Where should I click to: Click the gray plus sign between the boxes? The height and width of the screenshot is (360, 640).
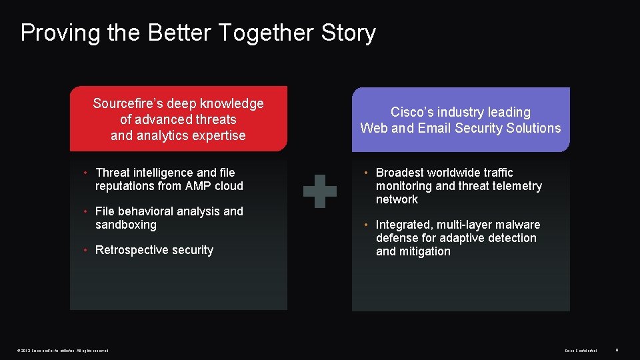tap(320, 191)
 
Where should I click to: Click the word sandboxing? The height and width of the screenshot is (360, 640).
tap(126, 225)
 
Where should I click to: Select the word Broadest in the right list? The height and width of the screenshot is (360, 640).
tap(400, 173)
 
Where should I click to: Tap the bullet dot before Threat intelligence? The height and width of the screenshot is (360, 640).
tap(87, 173)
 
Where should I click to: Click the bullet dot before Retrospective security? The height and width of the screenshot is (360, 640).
tap(87, 250)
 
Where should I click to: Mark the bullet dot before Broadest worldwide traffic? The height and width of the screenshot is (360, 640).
tap(367, 173)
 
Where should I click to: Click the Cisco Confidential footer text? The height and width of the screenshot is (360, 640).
tap(581, 350)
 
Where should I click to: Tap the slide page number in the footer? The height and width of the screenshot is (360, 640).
tap(617, 349)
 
